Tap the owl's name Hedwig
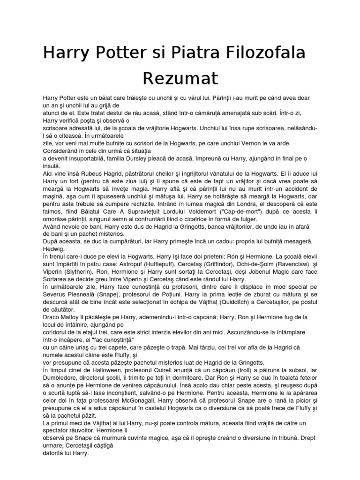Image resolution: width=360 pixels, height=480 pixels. [53, 249]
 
